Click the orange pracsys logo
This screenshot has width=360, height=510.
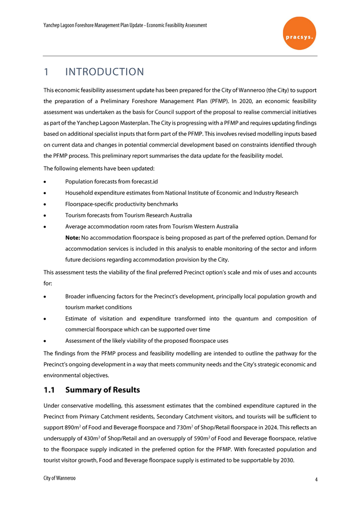pyautogui.click(x=299, y=33)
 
